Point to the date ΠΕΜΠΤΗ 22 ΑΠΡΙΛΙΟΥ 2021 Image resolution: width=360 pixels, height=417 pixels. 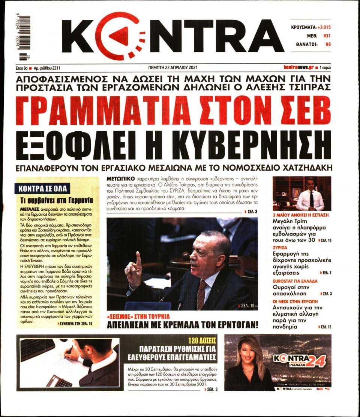point(173,68)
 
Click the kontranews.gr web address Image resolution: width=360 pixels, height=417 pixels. point(298,68)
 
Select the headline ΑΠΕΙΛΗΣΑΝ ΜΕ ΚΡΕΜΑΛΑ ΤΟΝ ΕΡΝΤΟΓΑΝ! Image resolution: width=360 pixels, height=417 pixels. point(183,324)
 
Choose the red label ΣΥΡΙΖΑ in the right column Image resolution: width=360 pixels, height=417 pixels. point(279,247)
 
